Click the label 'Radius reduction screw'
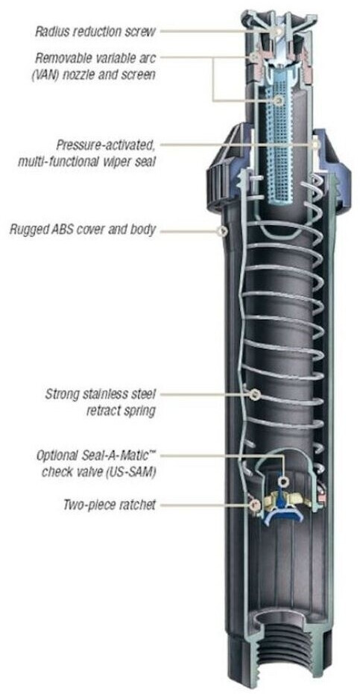point(95,32)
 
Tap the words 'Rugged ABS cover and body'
point(83,230)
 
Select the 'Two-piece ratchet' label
point(110,505)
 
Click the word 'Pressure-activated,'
point(106,145)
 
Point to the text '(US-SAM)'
point(134,472)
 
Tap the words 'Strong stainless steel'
point(101,394)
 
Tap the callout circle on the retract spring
point(254,394)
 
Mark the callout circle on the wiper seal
point(316,145)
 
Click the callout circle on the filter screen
point(278,101)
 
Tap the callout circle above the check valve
point(283,481)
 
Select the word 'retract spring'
point(121,411)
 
